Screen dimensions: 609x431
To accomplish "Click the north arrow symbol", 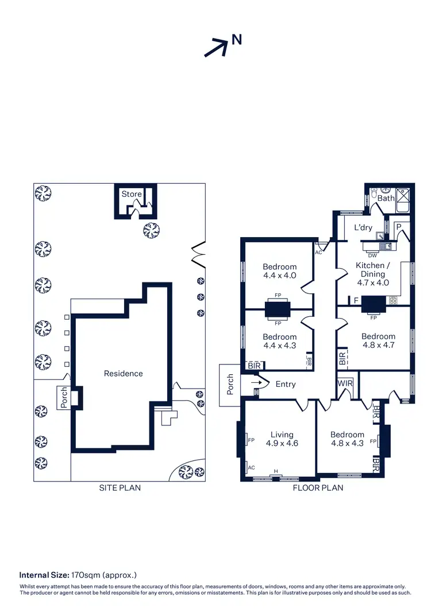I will click(216, 47).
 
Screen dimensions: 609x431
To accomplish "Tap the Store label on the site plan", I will click(131, 194).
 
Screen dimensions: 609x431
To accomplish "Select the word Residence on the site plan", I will click(123, 374).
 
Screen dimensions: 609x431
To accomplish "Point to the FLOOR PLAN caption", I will click(318, 488).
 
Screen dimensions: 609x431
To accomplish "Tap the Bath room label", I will click(386, 198).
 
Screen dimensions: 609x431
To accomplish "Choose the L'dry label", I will click(363, 227).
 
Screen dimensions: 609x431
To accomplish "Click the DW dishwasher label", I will click(372, 255).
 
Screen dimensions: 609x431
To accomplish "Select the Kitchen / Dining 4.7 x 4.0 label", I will click(373, 274).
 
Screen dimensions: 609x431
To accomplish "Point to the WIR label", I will click(345, 383).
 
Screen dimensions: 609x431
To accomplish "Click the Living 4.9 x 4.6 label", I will click(282, 439).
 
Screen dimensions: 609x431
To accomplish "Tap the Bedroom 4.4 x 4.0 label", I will click(280, 271).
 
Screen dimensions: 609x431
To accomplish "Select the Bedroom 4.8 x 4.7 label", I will click(378, 341).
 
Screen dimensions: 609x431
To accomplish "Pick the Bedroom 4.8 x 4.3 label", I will click(347, 439).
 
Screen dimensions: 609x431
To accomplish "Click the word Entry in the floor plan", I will click(286, 384).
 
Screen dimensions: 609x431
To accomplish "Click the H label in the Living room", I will click(276, 471).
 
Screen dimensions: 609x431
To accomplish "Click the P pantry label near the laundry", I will click(398, 227).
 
